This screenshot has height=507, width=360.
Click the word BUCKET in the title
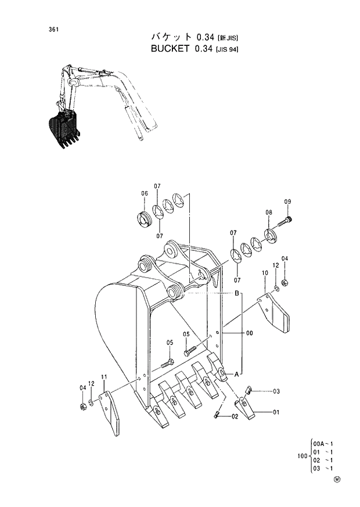[x=171, y=49]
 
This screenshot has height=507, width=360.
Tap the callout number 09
[x=287, y=202]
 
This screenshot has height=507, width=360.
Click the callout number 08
[x=268, y=213]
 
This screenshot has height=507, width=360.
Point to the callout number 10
[x=265, y=272]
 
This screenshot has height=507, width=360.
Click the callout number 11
[x=104, y=378]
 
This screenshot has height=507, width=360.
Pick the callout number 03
[x=276, y=391]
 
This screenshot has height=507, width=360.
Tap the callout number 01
[x=276, y=412]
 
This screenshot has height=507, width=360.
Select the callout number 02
[x=235, y=416]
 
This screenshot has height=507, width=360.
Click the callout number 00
[x=249, y=333]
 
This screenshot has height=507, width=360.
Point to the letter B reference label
[x=237, y=294]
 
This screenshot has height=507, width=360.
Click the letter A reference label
[x=236, y=375]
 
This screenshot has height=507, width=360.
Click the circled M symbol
[x=337, y=480]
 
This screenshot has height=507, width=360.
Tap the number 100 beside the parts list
[x=303, y=455]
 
